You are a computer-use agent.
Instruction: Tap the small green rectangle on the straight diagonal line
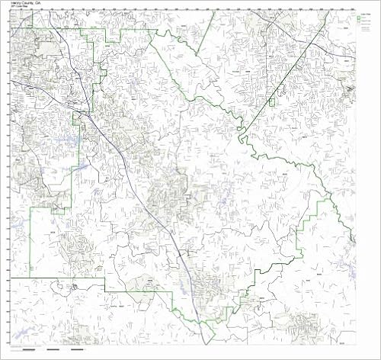tap(270, 101)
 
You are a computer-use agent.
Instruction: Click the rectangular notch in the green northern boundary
tap(114, 36)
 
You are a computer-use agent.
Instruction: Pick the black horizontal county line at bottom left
tap(53, 278)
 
